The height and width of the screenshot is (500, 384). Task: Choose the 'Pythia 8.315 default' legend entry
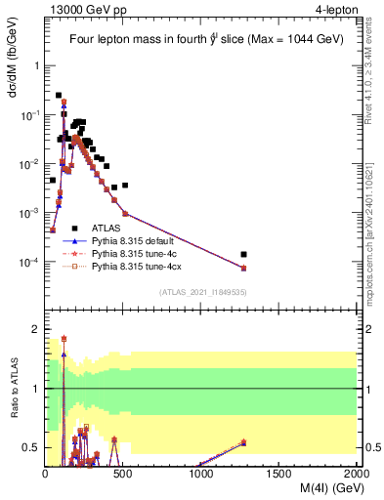pos(137,240)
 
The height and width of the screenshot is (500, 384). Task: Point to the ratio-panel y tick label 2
pos(36,329)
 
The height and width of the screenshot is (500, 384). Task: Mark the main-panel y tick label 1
pos(37,65)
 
